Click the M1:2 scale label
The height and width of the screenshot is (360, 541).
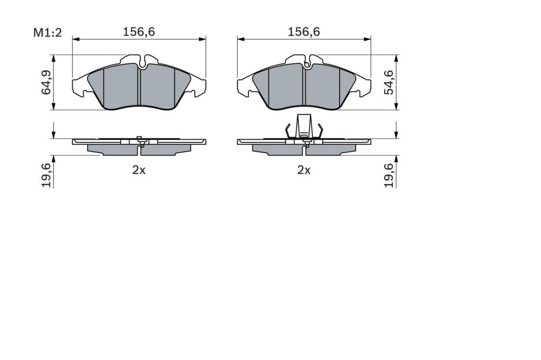[x=47, y=33]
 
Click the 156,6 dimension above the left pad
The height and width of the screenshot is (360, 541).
[x=139, y=32]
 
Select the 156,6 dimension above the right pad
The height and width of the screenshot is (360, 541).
[x=304, y=32]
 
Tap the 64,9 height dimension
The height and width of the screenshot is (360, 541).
[x=46, y=82]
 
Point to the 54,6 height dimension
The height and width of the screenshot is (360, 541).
[x=389, y=82]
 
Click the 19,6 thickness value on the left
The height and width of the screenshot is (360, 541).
[x=46, y=175]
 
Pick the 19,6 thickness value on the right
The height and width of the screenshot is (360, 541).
[x=389, y=175]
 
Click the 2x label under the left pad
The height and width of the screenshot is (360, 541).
[x=139, y=170]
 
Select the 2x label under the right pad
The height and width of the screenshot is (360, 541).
[x=304, y=170]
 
